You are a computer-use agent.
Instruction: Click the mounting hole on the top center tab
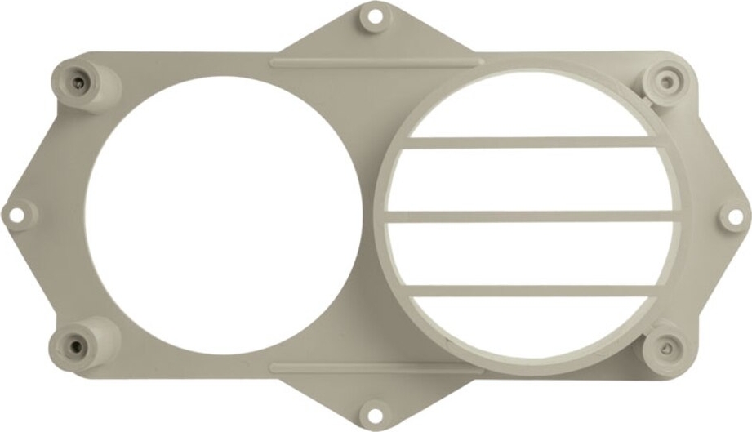pos(375,16)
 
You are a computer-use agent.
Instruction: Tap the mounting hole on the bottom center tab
pos(374,414)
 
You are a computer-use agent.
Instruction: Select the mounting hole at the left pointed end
pos(15,215)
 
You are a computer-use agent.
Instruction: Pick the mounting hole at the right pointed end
pos(734,216)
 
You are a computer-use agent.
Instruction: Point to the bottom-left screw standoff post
pos(78,345)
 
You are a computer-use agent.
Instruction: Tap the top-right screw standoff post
pos(667,82)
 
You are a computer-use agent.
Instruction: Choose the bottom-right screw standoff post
pos(665,349)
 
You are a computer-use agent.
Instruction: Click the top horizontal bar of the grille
pos(531,142)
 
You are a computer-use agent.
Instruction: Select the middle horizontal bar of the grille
pos(531,217)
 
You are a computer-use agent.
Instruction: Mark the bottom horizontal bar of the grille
pos(531,291)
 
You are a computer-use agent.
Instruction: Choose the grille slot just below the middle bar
pos(531,254)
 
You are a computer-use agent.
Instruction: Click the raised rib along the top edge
pos(376,61)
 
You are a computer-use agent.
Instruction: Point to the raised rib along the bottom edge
pos(376,368)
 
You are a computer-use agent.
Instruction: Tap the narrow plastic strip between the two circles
pos(368,216)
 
